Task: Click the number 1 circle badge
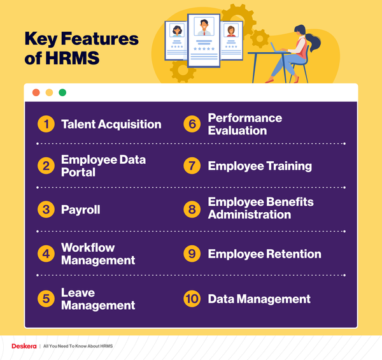45,124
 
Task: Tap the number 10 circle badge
192,299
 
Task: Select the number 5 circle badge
45,299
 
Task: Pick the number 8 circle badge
192,208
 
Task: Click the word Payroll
81,210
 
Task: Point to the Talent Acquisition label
111,124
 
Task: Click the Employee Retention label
264,254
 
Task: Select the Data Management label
259,299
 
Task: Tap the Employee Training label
260,166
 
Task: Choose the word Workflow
88,247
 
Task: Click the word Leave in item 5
78,292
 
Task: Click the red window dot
36,92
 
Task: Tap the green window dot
62,92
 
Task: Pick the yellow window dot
49,92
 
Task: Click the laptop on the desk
278,47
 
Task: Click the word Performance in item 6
245,118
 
